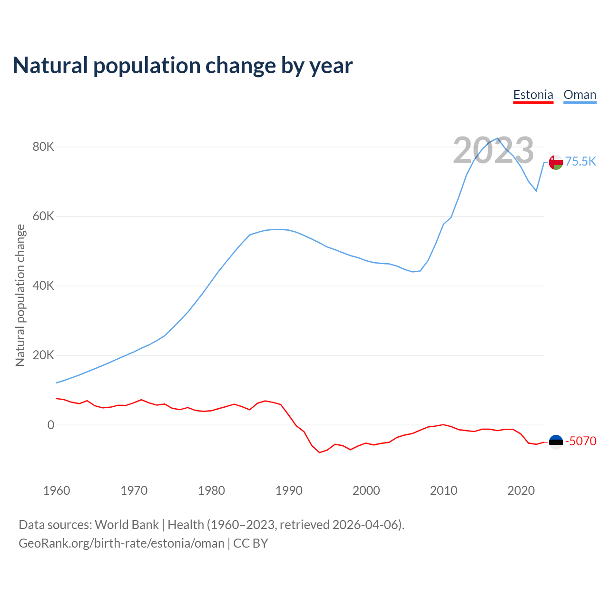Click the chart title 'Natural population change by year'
[183, 66]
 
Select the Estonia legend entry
[533, 95]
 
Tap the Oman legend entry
[580, 95]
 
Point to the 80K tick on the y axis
[43, 147]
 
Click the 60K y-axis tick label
[43, 216]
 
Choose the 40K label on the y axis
[43, 286]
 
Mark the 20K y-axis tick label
[43, 355]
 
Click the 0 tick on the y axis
[51, 425]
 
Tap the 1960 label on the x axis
[57, 491]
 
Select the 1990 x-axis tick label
[289, 491]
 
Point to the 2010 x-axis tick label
[443, 491]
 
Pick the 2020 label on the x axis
[521, 491]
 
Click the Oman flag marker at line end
[556, 162]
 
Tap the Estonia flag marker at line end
[556, 442]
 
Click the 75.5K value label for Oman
[580, 162]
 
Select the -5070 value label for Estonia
[580, 441]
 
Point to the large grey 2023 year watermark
[493, 150]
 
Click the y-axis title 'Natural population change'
[20, 295]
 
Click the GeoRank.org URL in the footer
[121, 543]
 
